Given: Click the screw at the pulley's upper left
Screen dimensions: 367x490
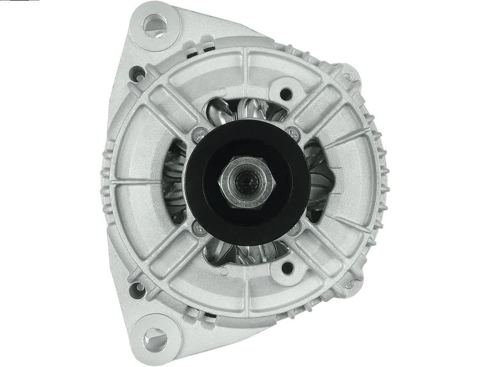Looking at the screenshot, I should (197, 136).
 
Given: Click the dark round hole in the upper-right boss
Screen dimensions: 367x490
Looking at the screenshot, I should (285, 95).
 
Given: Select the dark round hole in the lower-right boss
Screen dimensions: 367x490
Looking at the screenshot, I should (285, 267).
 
